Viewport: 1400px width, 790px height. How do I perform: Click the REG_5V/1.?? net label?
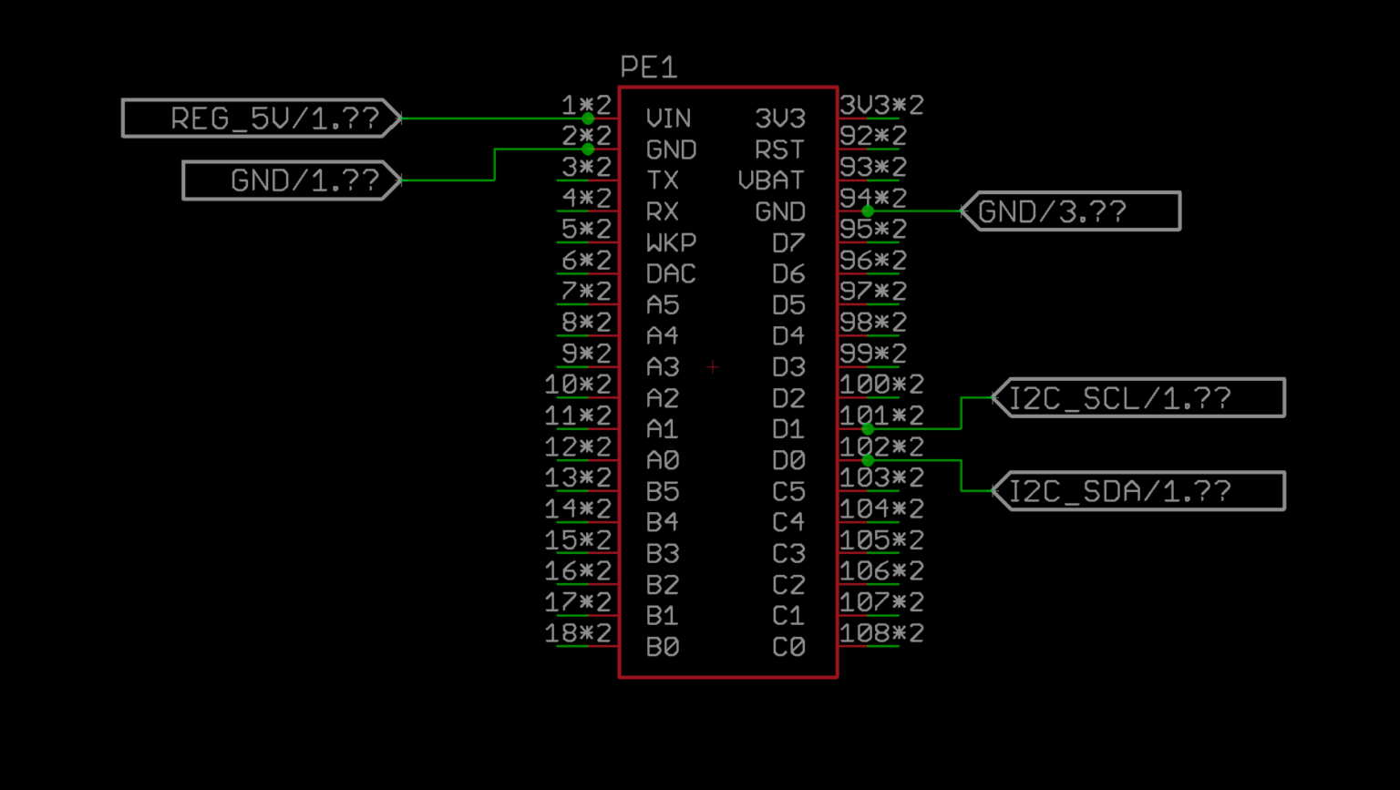[262, 118]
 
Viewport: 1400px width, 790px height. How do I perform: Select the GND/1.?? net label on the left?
[292, 180]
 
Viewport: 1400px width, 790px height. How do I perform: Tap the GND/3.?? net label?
[1071, 211]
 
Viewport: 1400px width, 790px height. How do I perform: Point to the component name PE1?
[649, 67]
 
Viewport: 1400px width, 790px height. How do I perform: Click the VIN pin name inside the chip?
[668, 118]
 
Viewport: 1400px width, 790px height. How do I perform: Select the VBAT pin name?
[771, 180]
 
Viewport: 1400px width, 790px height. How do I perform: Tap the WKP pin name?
[671, 243]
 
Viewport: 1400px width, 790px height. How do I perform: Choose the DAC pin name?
[671, 274]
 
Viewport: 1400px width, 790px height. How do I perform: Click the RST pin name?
[779, 149]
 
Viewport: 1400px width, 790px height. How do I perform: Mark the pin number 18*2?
[578, 633]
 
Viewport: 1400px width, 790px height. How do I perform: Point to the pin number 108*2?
[881, 633]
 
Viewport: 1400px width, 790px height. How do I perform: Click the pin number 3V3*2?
[881, 105]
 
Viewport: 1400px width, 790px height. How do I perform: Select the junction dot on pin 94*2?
[868, 211]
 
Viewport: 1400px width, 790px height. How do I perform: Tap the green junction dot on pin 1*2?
[588, 118]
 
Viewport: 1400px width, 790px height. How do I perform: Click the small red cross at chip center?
[712, 367]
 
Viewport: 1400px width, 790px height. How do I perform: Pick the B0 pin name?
[663, 648]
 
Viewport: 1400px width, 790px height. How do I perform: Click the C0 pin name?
[788, 648]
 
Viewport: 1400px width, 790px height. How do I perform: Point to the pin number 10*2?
[578, 385]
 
